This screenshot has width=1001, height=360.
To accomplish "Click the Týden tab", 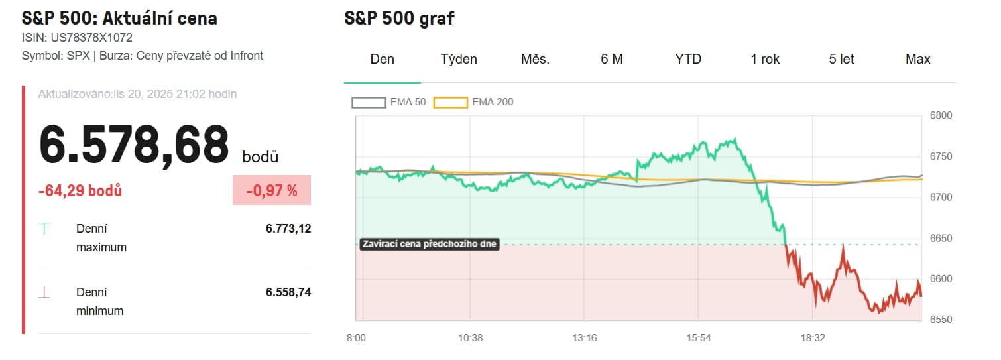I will click(459, 59).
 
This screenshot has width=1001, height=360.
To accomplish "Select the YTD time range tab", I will click(688, 59).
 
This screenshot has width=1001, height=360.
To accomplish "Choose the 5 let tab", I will click(841, 59).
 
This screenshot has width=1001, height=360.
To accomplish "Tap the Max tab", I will click(917, 59).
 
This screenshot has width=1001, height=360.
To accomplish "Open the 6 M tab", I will click(612, 59).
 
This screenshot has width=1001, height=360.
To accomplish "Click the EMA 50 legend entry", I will click(389, 102).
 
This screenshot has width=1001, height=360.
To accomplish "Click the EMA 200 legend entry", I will click(473, 102).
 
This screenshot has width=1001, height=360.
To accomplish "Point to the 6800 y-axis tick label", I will click(941, 115).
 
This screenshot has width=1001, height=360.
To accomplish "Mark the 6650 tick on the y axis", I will click(941, 238).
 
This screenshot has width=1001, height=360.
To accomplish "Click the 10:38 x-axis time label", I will click(470, 338).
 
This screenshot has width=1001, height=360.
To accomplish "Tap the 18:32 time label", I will click(813, 338).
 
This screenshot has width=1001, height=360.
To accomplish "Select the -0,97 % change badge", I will click(272, 191).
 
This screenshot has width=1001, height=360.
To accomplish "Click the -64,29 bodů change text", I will click(80, 191).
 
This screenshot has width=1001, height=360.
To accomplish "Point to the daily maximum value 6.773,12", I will click(288, 229).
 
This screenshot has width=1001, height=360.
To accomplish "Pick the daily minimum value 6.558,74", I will click(288, 292).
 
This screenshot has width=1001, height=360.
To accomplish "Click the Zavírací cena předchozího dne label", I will click(429, 244).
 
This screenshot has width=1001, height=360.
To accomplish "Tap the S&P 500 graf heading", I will click(399, 18).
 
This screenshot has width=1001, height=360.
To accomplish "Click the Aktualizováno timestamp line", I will click(137, 94).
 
